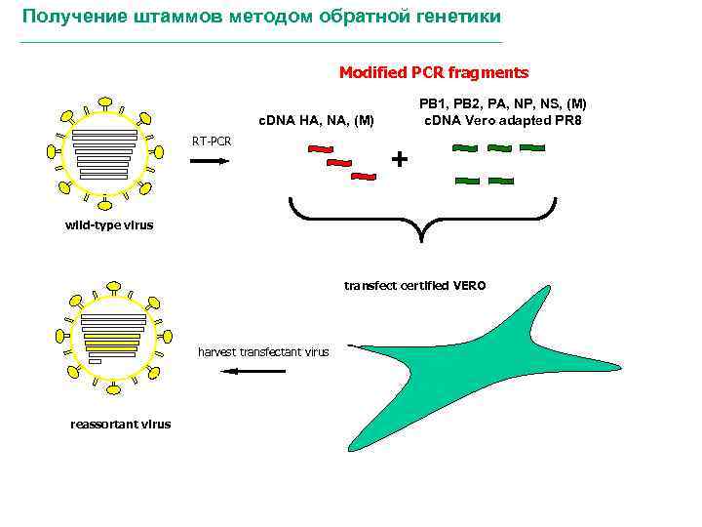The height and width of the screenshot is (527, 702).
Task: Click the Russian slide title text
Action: tap(261, 18)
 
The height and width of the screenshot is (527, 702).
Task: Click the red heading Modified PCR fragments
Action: tap(434, 72)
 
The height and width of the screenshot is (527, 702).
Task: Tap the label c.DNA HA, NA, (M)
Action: tap(315, 121)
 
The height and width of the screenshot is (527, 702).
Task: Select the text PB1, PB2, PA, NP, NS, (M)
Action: tap(503, 103)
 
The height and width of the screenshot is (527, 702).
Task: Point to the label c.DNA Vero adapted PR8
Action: tap(503, 121)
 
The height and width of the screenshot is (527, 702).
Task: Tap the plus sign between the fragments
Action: tap(400, 158)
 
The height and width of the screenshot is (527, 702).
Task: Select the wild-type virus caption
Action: tap(109, 225)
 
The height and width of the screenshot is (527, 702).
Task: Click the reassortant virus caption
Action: tap(121, 424)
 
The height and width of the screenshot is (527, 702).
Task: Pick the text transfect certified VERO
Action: tap(414, 286)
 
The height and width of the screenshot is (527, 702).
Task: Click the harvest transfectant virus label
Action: tap(263, 351)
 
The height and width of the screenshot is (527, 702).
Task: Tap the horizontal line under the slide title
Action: tap(261, 43)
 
